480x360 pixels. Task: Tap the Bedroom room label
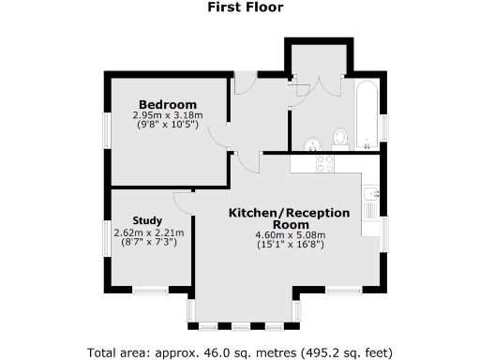pyautogui.click(x=168, y=104)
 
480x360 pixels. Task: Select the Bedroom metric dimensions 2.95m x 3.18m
pyautogui.click(x=168, y=115)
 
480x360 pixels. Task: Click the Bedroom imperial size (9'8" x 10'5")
pyautogui.click(x=168, y=126)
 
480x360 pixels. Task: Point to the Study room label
pyautogui.click(x=148, y=221)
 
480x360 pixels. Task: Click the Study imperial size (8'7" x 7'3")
pyautogui.click(x=148, y=243)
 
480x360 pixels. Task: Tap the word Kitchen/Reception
pyautogui.click(x=290, y=214)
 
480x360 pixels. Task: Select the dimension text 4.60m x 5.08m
pyautogui.click(x=290, y=235)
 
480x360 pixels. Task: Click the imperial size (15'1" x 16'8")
pyautogui.click(x=290, y=246)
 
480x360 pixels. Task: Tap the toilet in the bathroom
pyautogui.click(x=340, y=140)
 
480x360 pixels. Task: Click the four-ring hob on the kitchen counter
pyautogui.click(x=326, y=163)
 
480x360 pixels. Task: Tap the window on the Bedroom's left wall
pyautogui.click(x=106, y=129)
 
